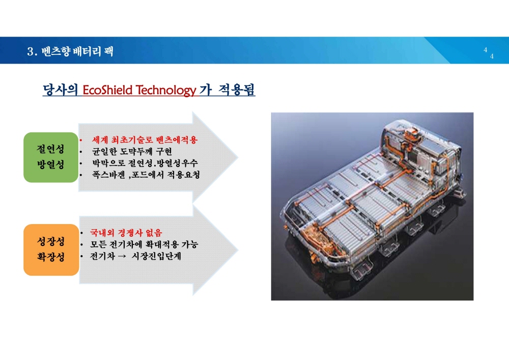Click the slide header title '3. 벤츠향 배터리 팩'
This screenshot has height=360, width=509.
pos(70,51)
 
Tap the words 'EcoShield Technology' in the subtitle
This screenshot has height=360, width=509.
pos(139,90)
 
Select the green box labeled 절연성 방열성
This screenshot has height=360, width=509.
pos(51,157)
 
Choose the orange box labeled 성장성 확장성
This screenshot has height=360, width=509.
pos(51,250)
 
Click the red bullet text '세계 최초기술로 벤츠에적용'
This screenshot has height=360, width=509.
pos(145,140)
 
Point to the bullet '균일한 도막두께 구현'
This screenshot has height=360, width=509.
pos(132,152)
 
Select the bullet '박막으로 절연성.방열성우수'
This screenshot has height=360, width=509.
pos(145,163)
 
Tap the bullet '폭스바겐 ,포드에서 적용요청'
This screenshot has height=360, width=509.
pos(146,175)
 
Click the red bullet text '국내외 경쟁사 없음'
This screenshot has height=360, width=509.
pos(126,233)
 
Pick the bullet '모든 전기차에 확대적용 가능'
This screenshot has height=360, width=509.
pos(144,244)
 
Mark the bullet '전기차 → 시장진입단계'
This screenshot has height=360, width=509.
pos(135,256)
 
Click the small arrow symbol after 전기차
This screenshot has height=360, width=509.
pos(122,257)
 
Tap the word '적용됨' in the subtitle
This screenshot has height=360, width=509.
pos(236,90)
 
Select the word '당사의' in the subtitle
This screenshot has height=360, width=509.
pos(61,90)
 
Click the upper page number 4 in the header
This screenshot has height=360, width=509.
pos(485,50)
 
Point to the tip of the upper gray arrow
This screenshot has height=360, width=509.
pos(238,157)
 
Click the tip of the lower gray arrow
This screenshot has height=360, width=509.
pos(238,250)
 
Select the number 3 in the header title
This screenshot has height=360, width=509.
pos(31,51)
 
